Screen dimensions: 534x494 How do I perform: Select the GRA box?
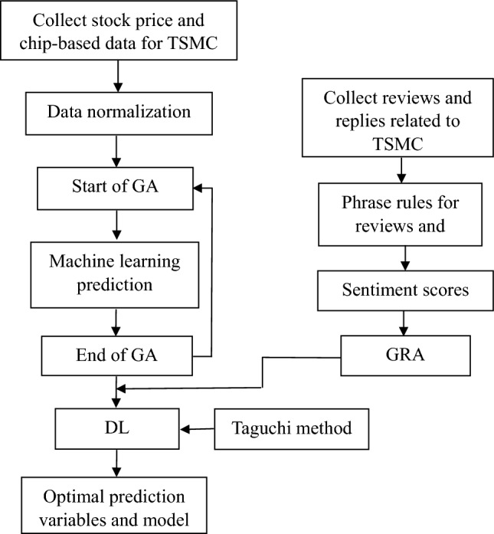point(397,355)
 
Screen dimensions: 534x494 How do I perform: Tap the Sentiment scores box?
point(397,291)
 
